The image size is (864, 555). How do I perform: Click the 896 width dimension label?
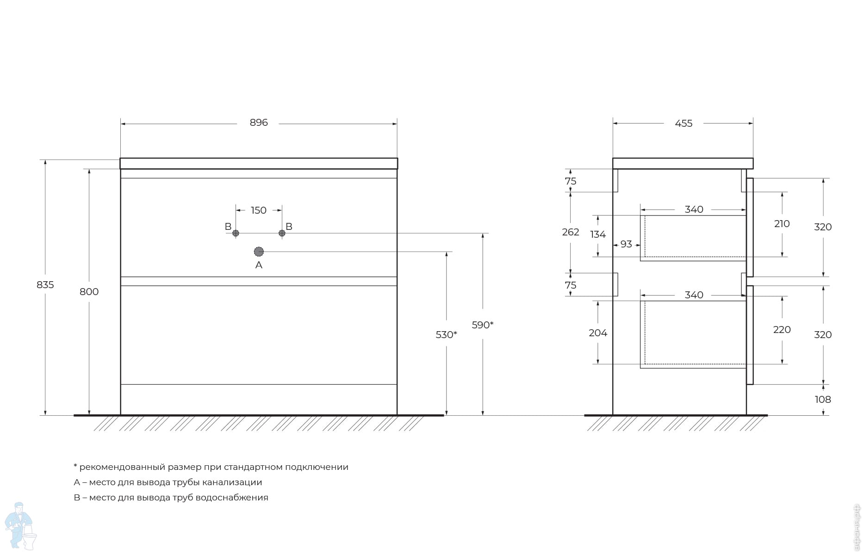pos(259,123)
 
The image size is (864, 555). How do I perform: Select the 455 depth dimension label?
pos(684,123)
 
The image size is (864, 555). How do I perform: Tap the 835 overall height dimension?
pos(45,285)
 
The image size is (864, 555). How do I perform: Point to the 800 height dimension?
pos(89,292)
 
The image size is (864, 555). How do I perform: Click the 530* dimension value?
pos(446,335)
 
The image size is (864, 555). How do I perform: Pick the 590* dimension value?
pos(482,325)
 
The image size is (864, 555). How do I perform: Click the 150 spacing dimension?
pos(259,210)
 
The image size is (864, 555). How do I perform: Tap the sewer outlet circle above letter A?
pos(259,252)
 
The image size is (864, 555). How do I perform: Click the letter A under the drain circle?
pos(259,265)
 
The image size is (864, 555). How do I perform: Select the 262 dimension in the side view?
pos(570,232)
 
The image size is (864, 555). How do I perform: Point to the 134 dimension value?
pos(597,234)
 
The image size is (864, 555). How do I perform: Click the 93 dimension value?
pos(626,244)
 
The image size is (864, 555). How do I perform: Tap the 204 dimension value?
pos(597,333)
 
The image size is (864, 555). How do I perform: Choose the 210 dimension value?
pos(782,224)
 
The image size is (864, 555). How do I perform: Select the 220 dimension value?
pos(782,330)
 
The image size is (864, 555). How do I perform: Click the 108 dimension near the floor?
pos(822,400)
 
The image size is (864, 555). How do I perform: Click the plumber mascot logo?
pos(20,526)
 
